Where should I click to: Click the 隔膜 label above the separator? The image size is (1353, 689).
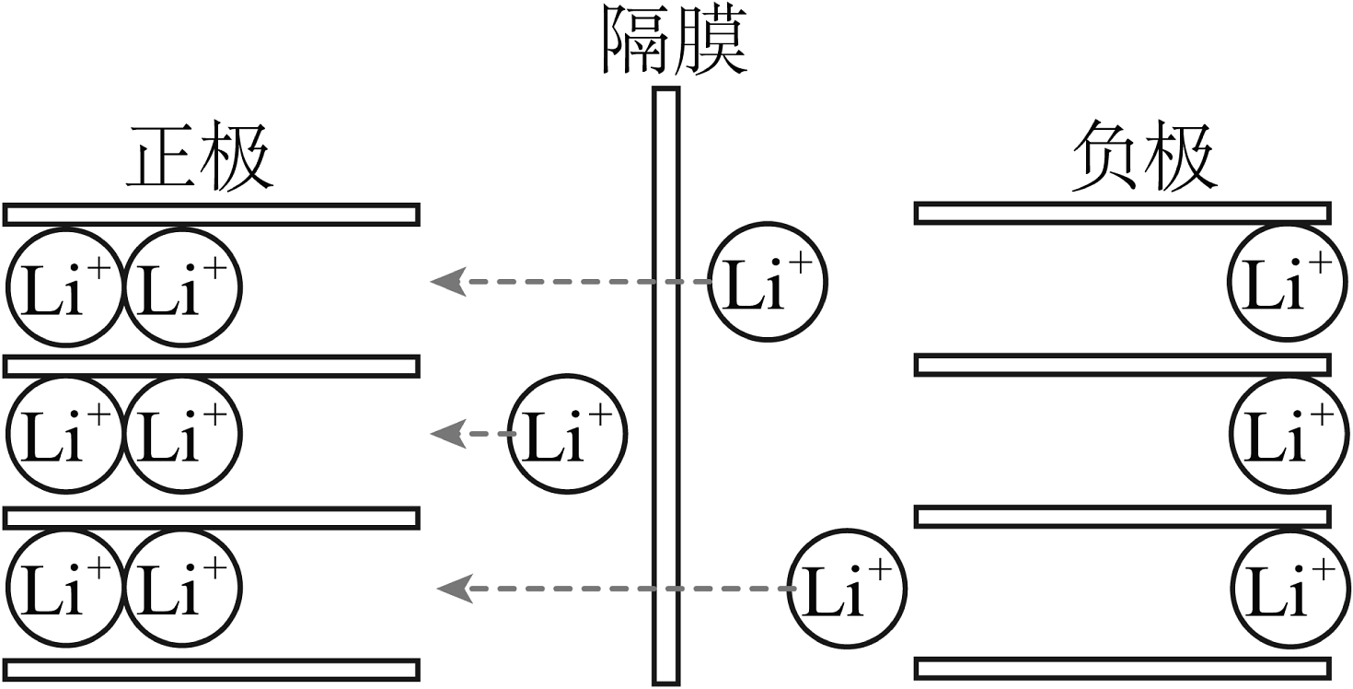[x=674, y=41]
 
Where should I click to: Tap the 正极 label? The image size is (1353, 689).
[x=199, y=158]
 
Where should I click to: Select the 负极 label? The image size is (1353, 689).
[x=1144, y=158]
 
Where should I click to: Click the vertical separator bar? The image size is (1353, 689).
[x=665, y=387]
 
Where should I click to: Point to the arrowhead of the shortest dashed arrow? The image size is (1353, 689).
[x=445, y=433]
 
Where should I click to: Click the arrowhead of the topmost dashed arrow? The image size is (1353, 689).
[x=445, y=281]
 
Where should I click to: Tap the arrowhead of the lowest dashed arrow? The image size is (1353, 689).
[x=452, y=587]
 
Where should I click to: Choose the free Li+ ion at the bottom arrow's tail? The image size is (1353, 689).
[x=848, y=587]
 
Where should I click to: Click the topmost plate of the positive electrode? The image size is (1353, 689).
[x=212, y=215]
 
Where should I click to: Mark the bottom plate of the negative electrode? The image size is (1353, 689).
[x=1122, y=669]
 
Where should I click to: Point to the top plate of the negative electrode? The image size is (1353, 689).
[x=1122, y=214]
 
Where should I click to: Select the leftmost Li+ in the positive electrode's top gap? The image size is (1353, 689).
[x=64, y=287]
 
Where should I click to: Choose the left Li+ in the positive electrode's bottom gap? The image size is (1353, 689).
[x=64, y=587]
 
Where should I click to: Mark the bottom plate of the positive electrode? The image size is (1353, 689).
[x=212, y=669]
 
